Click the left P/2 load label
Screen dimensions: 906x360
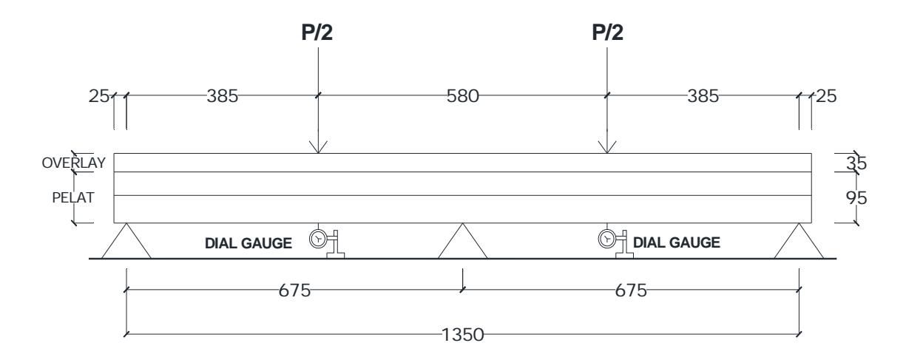point(317,33)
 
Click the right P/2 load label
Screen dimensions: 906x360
point(607,33)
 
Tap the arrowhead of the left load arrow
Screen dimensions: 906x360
point(318,147)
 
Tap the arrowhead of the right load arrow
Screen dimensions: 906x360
point(607,147)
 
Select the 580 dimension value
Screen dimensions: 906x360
point(463,96)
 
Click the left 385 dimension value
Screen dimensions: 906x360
point(223,96)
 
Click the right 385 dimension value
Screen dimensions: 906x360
point(703,96)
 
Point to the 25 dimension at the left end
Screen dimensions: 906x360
point(99,96)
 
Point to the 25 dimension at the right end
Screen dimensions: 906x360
point(826,96)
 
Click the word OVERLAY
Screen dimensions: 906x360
point(74,163)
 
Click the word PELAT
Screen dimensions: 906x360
point(73,197)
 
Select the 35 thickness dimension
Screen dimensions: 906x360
point(856,163)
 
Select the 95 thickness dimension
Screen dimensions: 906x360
point(856,198)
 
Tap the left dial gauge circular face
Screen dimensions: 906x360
point(319,239)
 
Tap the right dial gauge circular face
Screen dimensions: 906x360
point(607,239)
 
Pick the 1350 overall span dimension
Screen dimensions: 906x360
point(463,335)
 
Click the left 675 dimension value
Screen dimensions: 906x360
point(294,291)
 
